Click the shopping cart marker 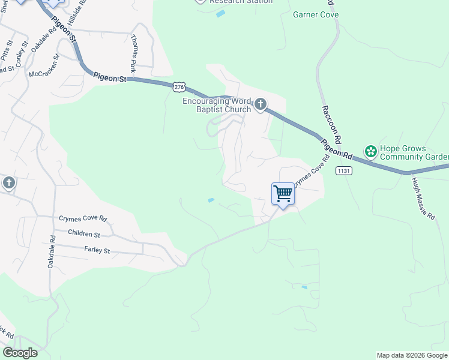[x=283, y=194]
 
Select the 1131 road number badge [x=344, y=171]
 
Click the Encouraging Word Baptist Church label [x=217, y=105]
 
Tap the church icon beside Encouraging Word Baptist [x=260, y=105]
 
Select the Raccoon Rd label [x=331, y=123]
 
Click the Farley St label [x=97, y=249]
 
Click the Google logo [x=19, y=353]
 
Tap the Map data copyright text [x=412, y=355]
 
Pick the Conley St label [x=22, y=55]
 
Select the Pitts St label [x=7, y=52]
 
